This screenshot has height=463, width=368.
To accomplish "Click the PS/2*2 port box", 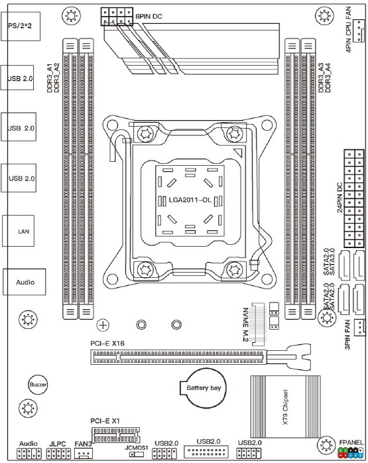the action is tap(21, 27).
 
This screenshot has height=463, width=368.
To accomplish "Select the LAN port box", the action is tap(19, 231).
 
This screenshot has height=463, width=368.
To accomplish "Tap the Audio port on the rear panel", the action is tap(24, 282).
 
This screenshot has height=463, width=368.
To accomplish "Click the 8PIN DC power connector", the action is tap(117, 17).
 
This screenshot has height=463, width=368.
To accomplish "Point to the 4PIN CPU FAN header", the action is tap(359, 31).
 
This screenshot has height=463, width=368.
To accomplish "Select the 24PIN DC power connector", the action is tap(354, 198).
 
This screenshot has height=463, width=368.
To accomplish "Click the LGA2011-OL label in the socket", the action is tap(190, 200).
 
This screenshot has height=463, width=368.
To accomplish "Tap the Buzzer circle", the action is tap(38, 385).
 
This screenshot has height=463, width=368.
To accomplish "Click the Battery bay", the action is tap(203, 388).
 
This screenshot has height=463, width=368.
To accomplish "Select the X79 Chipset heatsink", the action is tap(285, 407).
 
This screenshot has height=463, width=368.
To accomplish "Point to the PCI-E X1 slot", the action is tap(115, 435).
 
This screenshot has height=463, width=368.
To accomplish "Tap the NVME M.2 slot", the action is tap(259, 324).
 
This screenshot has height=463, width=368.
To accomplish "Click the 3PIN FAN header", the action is tap(359, 327).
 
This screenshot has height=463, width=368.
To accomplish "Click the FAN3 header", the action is tap(84, 453).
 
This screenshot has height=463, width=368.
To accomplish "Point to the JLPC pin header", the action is tap(59, 454).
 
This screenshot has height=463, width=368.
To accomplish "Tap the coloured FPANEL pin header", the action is tap(351, 452).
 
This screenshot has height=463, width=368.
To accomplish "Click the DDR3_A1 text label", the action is tap(50, 78).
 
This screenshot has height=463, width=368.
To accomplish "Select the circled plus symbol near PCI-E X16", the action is tap(103, 325).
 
